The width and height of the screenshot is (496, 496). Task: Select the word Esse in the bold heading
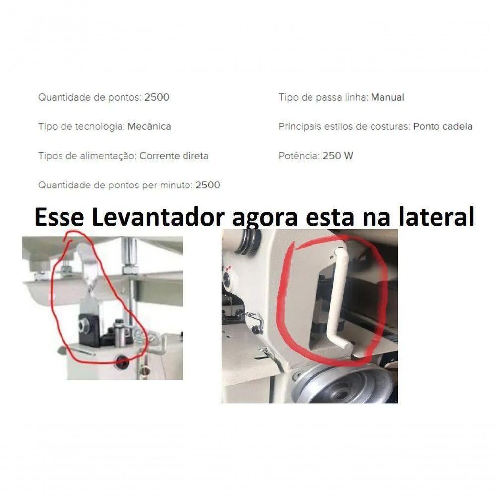tap(54, 217)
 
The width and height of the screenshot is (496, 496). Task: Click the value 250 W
tap(338, 156)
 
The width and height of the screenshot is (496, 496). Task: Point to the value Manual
tap(387, 97)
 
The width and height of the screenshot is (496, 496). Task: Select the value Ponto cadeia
tap(442, 126)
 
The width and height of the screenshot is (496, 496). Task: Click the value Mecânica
tap(149, 126)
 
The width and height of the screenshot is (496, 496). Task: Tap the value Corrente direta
tap(174, 156)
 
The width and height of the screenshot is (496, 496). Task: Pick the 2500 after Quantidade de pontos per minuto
tap(208, 185)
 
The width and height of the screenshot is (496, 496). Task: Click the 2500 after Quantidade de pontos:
tap(157, 97)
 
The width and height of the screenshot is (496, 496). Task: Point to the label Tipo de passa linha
tap(323, 97)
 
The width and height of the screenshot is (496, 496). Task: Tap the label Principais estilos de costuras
tap(344, 126)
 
